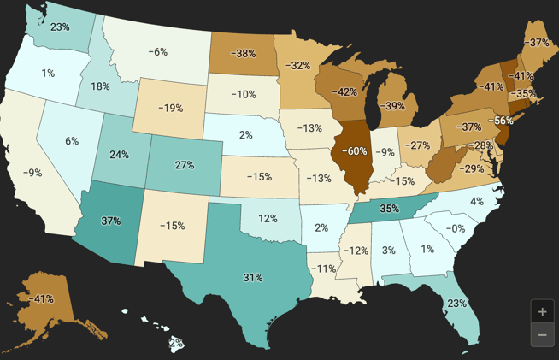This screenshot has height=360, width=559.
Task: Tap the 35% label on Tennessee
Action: click(x=390, y=208)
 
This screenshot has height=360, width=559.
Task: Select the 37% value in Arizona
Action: click(x=111, y=221)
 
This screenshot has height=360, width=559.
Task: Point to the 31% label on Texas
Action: click(x=253, y=278)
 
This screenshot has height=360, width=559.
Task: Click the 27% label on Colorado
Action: click(x=185, y=165)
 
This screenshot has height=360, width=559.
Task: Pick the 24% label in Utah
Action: click(x=119, y=155)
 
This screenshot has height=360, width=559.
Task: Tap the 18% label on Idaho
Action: click(x=100, y=86)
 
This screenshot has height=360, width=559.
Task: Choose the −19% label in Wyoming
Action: click(x=170, y=109)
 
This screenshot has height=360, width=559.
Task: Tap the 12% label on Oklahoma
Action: click(x=268, y=218)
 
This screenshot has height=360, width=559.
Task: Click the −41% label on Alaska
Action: click(x=41, y=299)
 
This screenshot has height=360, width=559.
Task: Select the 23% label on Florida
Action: click(x=456, y=303)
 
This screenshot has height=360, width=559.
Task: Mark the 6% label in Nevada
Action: click(x=72, y=141)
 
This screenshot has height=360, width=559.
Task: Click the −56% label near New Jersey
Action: click(x=501, y=121)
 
